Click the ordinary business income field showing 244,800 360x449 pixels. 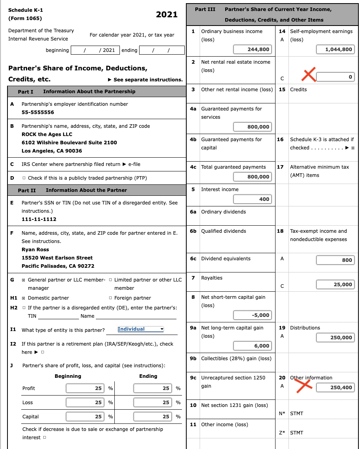pyautogui.click(x=252, y=49)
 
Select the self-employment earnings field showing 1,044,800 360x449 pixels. pyautogui.click(x=335, y=49)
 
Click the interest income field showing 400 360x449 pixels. pyautogui.click(x=252, y=199)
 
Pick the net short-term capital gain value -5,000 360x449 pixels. pyautogui.click(x=252, y=315)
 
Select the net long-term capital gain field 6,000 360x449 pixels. pyautogui.click(x=252, y=346)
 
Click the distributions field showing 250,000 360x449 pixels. pyautogui.click(x=335, y=337)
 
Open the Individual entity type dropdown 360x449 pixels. pyautogui.click(x=140, y=329)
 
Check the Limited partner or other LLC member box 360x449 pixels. pyautogui.click(x=110, y=280)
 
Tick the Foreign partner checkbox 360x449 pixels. pyautogui.click(x=110, y=298)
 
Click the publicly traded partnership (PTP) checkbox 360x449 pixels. pyautogui.click(x=24, y=178)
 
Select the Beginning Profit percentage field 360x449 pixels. pyautogui.click(x=85, y=388)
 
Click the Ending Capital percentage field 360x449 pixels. pyautogui.click(x=152, y=417)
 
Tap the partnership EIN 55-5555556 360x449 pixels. pyautogui.click(x=38, y=112)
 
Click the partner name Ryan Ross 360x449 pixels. pyautogui.click(x=35, y=250)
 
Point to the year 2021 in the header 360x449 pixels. pyautogui.click(x=167, y=15)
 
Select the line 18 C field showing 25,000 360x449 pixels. pyautogui.click(x=335, y=284)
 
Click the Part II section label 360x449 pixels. pyautogui.click(x=27, y=190)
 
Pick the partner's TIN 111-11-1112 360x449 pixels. pyautogui.click(x=39, y=219)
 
